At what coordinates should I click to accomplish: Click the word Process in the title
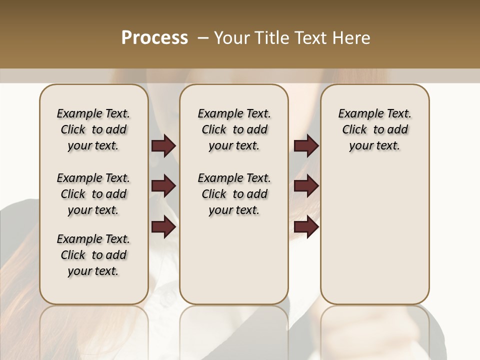coord(154,37)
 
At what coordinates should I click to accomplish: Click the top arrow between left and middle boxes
coord(163,145)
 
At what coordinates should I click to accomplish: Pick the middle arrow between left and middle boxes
coord(163,186)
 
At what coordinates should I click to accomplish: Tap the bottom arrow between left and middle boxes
coord(163,227)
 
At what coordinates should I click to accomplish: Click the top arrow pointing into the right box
coord(306,145)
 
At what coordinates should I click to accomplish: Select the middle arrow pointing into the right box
coord(306,186)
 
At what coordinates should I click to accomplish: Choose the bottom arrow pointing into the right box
coord(306,227)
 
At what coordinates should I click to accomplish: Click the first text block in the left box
coord(93,129)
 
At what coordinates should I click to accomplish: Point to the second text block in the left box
coord(93,194)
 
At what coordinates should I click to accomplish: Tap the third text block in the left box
coord(93,255)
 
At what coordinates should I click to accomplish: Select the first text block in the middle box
coord(234,129)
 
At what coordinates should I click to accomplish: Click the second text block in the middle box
coord(234,194)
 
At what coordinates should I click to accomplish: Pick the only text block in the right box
coord(374,129)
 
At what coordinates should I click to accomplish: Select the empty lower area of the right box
coord(374,235)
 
